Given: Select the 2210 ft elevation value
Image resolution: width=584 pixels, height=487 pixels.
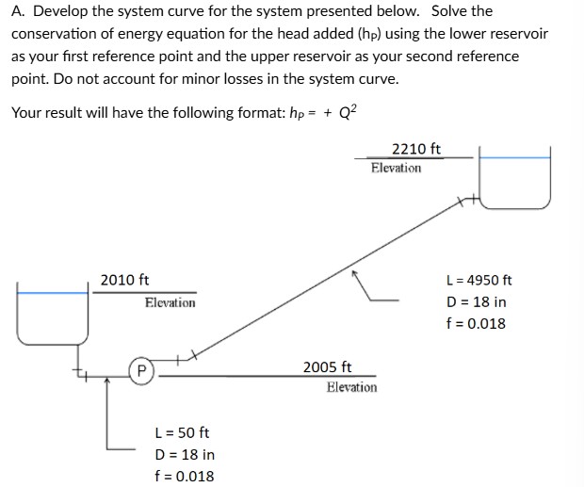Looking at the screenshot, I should pyautogui.click(x=415, y=149).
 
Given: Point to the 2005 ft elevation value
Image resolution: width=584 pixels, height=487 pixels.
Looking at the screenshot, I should pyautogui.click(x=327, y=366).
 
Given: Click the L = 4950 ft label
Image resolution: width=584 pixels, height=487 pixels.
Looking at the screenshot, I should pyautogui.click(x=478, y=280).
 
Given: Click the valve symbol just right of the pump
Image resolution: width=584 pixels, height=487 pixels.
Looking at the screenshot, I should pyautogui.click(x=185, y=356).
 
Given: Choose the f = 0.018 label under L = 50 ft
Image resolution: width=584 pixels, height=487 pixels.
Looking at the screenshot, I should pyautogui.click(x=184, y=476).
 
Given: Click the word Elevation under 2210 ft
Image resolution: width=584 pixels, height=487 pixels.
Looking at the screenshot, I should pyautogui.click(x=397, y=168).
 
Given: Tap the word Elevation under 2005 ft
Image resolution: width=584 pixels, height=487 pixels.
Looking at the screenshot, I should pyautogui.click(x=351, y=387).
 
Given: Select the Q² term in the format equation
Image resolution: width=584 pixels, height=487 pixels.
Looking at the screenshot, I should pyautogui.click(x=347, y=112).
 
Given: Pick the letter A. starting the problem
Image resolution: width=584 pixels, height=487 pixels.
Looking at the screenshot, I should pyautogui.click(x=17, y=11).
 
